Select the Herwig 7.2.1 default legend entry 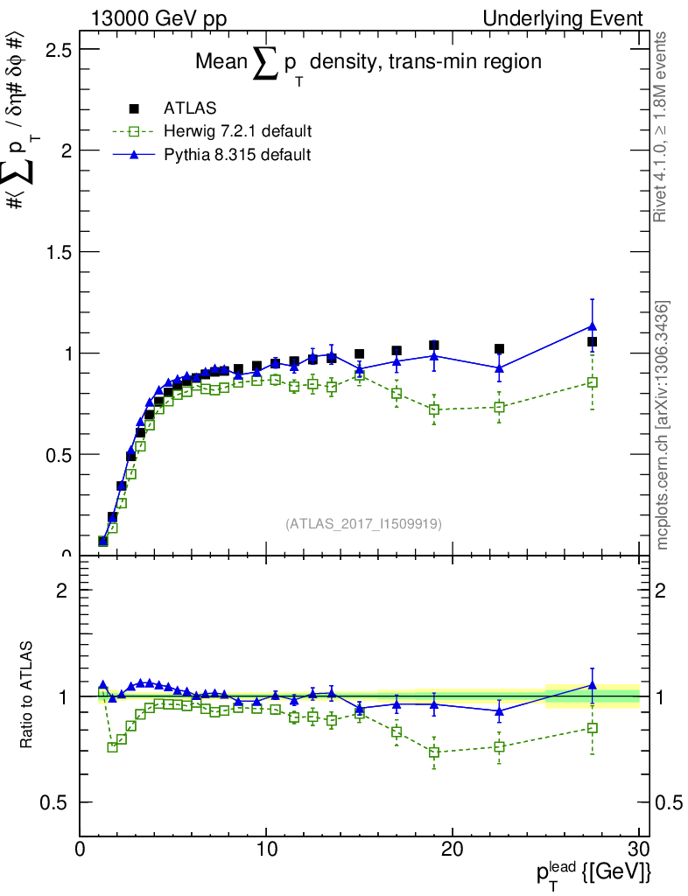pos(237,132)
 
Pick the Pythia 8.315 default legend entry pos(237,155)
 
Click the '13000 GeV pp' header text pos(158,18)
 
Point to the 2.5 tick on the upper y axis pos(58,49)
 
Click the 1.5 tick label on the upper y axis pos(58,252)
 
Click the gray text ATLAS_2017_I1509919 pos(363,524)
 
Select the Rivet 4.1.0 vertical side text pos(662,127)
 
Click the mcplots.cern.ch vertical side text pos(663,425)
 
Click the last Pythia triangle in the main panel pos(593,326)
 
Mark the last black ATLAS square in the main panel pos(593,341)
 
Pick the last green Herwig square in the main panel pos(593,382)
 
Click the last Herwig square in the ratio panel pos(593,728)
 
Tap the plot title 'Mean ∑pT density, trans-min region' pos(368,63)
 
